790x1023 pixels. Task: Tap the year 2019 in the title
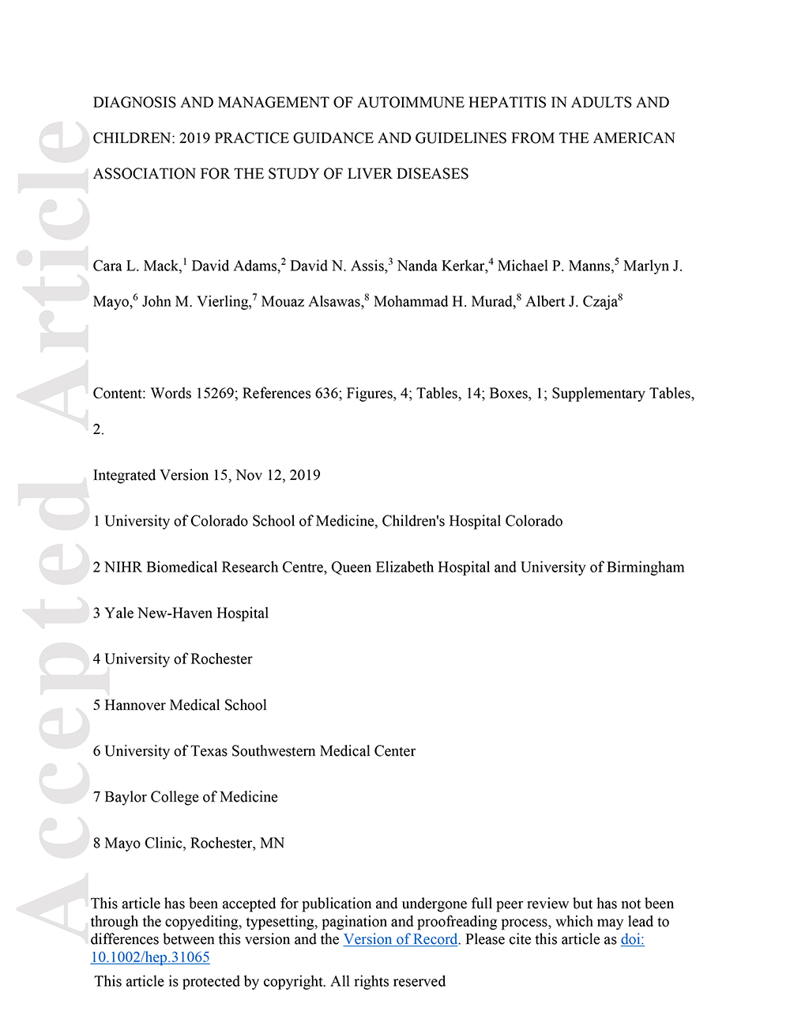click(x=194, y=138)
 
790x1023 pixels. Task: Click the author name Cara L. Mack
click(x=137, y=266)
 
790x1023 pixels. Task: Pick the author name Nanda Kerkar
click(x=441, y=266)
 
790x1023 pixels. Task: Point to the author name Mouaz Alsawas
click(x=310, y=302)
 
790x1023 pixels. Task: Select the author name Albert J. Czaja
click(x=571, y=302)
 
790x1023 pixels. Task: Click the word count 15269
click(x=216, y=394)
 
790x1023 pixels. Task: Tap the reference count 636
click(x=326, y=394)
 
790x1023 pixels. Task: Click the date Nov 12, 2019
click(x=278, y=475)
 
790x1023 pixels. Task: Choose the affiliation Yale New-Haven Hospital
click(x=186, y=613)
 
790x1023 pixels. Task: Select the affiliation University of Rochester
click(x=179, y=659)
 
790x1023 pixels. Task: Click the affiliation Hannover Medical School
click(x=186, y=705)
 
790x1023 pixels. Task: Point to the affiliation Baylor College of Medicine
click(x=191, y=797)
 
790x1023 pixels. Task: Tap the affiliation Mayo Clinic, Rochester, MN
click(x=194, y=844)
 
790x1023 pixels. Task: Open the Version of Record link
click(x=401, y=940)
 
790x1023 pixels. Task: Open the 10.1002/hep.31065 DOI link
click(x=150, y=958)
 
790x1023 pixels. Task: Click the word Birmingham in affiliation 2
click(x=645, y=568)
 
